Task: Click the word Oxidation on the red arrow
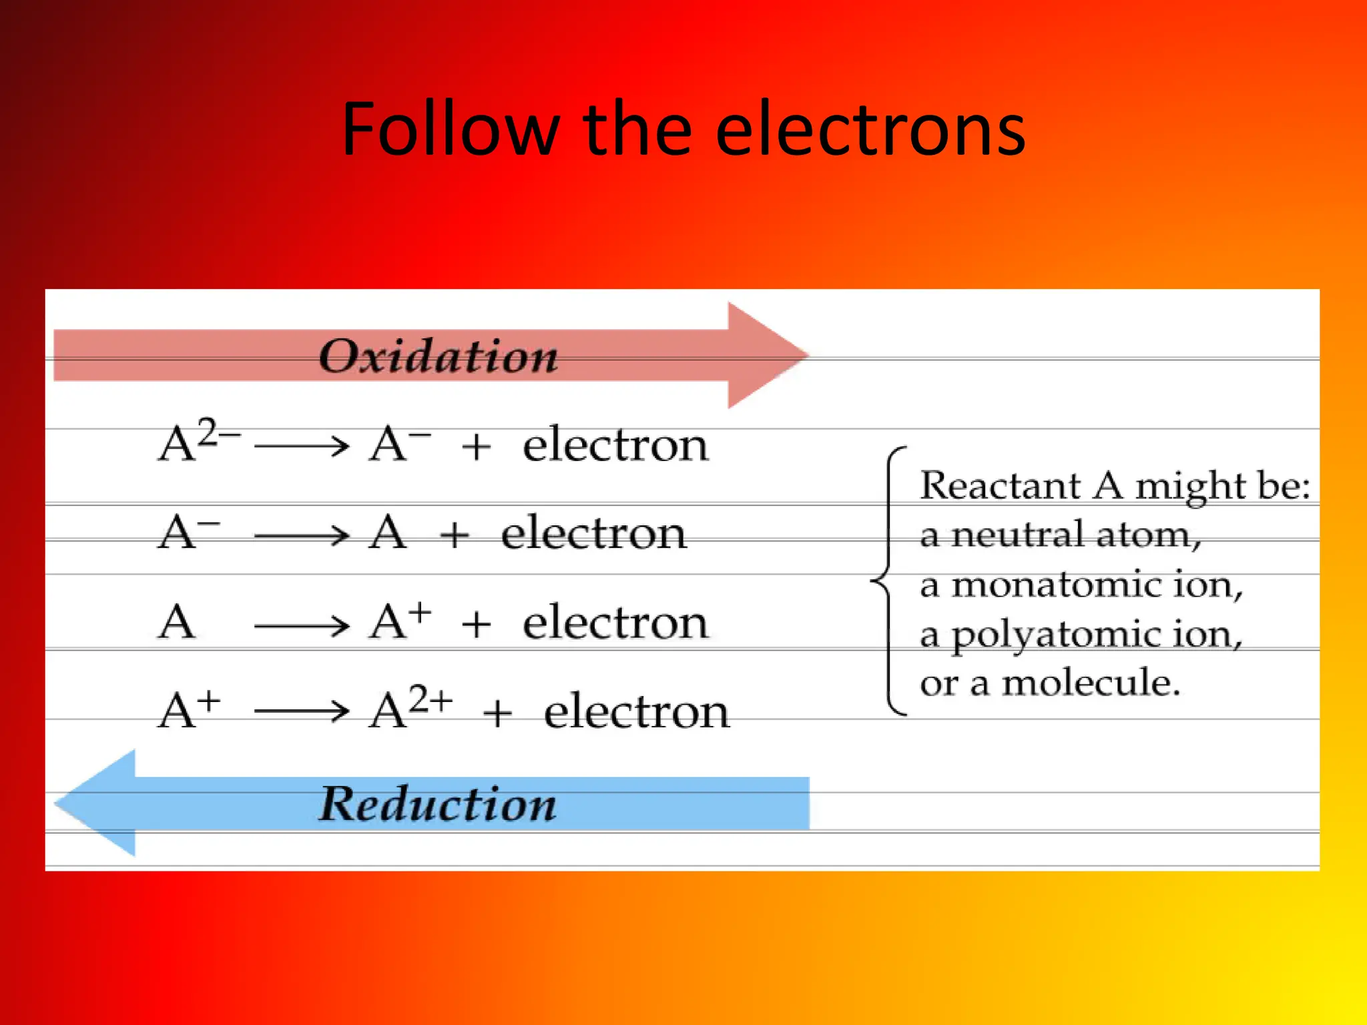438,356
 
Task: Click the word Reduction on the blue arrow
437,803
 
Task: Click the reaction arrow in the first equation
302,445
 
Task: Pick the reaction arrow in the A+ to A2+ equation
302,711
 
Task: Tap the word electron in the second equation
593,534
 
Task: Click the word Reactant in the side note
1000,485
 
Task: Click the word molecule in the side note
1091,683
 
